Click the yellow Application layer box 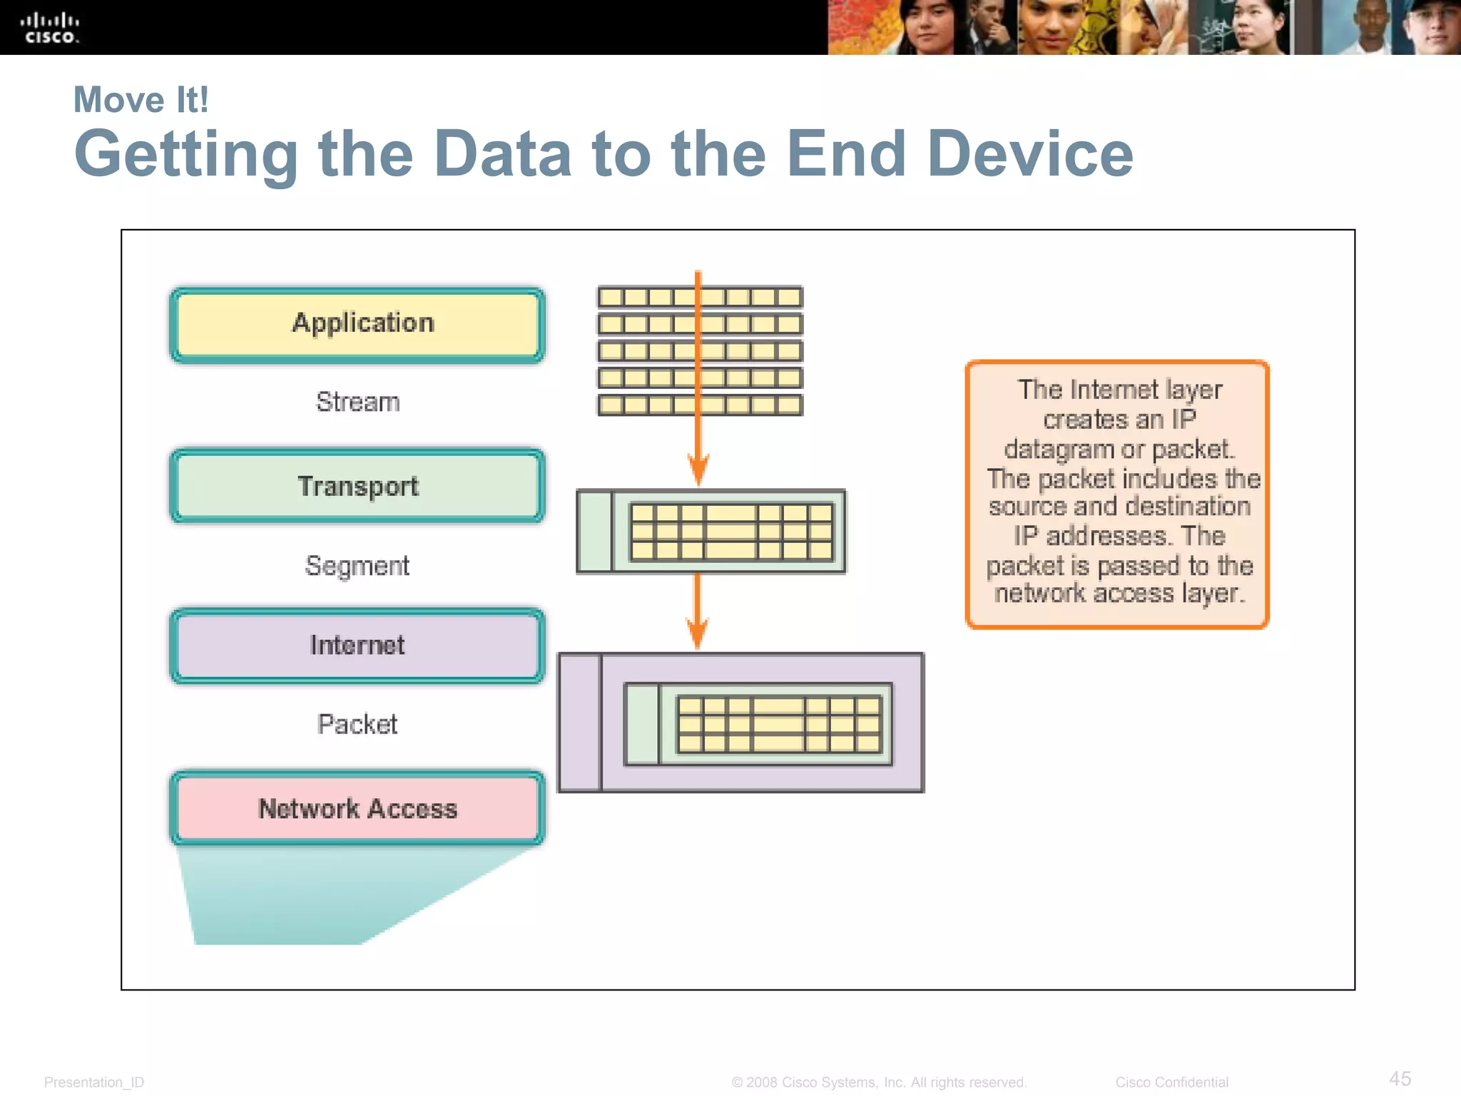pos(357,325)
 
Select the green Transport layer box pos(357,487)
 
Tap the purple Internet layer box pos(357,646)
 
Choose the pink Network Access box pos(357,808)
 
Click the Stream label pos(357,402)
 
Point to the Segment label pos(357,566)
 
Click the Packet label pos(357,724)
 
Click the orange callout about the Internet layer pos(1117,494)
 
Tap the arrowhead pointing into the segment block pos(698,471)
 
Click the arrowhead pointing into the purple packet pos(698,633)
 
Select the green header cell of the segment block pos(594,532)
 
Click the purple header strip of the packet pos(579,722)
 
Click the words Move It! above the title pos(141,100)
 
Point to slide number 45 pos(1400,1078)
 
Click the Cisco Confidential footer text pos(1171,1082)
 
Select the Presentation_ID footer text pos(94,1082)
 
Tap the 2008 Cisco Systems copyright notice pos(879,1082)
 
